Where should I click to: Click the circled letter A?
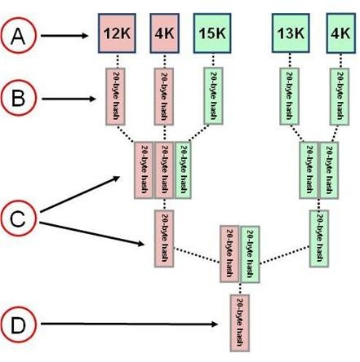[x=18, y=35]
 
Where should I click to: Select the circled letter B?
[x=18, y=98]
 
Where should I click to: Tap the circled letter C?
[x=18, y=218]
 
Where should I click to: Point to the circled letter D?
[x=18, y=324]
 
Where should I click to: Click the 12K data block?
[x=117, y=33]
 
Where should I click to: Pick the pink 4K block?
[x=165, y=33]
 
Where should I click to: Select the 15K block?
[x=212, y=33]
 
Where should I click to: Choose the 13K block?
[x=291, y=33]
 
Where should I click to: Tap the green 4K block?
[x=340, y=33]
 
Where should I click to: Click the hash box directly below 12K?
[x=115, y=96]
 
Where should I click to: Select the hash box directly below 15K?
[x=213, y=96]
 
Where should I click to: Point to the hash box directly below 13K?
[x=289, y=96]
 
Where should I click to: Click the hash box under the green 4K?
[x=340, y=96]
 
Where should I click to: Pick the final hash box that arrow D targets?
[x=240, y=323]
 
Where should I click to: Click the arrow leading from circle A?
[x=64, y=36]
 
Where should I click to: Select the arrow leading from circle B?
[x=69, y=99]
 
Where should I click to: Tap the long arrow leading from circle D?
[x=129, y=324]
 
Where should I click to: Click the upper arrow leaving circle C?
[x=80, y=194]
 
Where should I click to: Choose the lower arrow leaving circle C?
[x=92, y=234]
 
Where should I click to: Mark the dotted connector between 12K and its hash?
[x=118, y=60]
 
